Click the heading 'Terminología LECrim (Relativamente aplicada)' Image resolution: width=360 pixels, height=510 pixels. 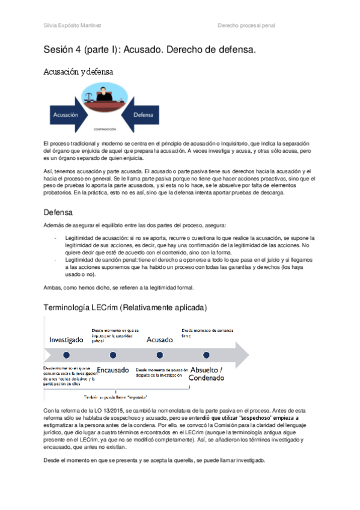pyautogui.click(x=125, y=307)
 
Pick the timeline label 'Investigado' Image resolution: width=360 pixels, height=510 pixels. pyautogui.click(x=66, y=340)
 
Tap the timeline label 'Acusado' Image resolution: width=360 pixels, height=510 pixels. pyautogui.click(x=159, y=340)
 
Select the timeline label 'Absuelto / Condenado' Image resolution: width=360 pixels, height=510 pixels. pyautogui.click(x=206, y=373)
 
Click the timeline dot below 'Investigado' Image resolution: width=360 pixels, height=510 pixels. pyautogui.click(x=66, y=355)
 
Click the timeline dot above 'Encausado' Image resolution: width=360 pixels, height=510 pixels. pyautogui.click(x=112, y=355)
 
